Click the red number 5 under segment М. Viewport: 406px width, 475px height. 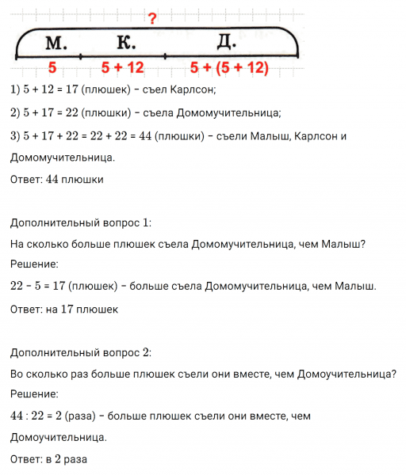click(x=52, y=68)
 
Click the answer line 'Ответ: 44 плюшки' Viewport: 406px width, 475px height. click(x=57, y=179)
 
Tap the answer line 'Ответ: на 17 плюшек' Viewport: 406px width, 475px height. click(x=64, y=310)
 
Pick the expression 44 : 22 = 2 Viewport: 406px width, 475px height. click(x=40, y=415)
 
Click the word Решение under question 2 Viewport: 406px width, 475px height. click(x=35, y=393)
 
